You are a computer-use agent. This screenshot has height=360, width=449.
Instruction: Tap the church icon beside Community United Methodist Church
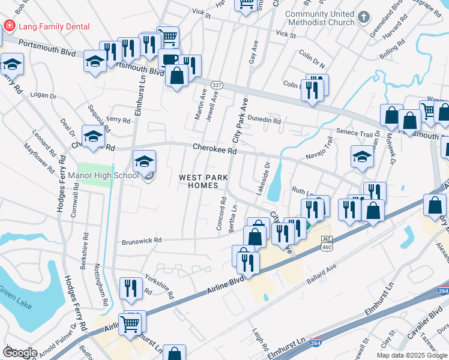point(364,17)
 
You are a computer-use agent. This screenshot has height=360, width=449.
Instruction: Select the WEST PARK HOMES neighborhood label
point(199,181)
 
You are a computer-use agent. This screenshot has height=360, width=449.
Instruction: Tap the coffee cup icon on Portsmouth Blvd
point(168,60)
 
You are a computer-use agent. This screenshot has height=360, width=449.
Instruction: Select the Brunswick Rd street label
point(142,241)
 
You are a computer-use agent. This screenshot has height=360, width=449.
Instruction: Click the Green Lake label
point(13,294)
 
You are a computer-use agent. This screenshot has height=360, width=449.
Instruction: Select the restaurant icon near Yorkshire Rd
point(130,288)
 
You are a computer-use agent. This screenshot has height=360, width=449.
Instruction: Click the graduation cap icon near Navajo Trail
point(363,157)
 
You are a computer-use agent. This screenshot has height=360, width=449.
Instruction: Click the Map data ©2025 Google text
point(412,355)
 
